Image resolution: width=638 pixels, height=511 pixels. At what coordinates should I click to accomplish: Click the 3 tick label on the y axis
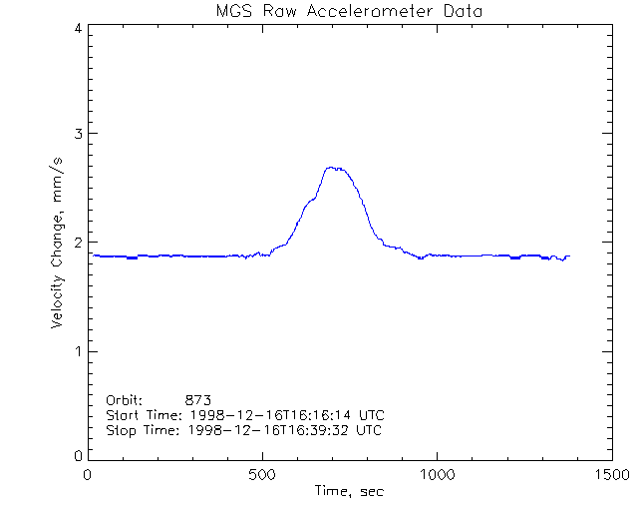pyautogui.click(x=77, y=134)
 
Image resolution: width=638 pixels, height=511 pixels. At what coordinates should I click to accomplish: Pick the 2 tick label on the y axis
pyautogui.click(x=77, y=243)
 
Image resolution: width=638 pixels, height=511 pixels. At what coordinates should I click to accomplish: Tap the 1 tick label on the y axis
pyautogui.click(x=77, y=351)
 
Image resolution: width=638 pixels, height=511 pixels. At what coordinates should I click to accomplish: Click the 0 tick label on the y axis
pyautogui.click(x=77, y=455)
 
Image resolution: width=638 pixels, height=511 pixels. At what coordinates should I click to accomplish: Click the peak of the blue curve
pyautogui.click(x=334, y=168)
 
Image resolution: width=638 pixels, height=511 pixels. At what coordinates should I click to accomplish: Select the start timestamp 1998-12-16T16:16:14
pyautogui.click(x=272, y=414)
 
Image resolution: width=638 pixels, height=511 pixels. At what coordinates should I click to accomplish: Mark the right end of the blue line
pyautogui.click(x=569, y=256)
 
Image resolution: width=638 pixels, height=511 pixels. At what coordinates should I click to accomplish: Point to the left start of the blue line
pyautogui.click(x=93, y=255)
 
